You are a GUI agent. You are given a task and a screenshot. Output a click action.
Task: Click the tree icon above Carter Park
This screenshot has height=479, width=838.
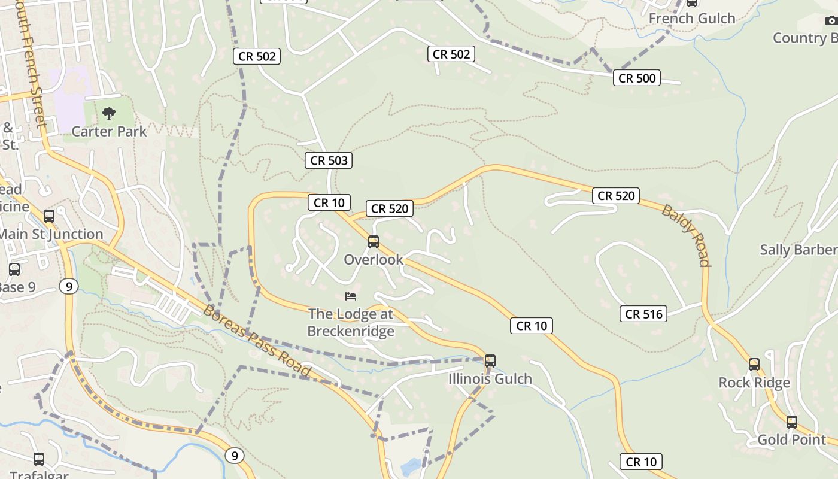tap(109, 113)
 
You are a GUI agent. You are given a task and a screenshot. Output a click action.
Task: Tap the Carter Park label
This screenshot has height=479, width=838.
tap(109, 131)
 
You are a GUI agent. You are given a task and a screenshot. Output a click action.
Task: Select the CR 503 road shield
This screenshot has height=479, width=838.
tap(329, 160)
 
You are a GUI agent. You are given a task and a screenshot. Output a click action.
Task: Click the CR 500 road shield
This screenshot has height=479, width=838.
tap(637, 78)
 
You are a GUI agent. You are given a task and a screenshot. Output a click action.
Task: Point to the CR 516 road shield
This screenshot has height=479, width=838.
tap(643, 314)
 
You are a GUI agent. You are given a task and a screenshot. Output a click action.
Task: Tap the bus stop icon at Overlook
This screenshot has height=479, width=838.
tap(374, 242)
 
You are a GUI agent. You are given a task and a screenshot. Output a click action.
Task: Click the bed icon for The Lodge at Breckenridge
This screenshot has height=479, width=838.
tap(351, 296)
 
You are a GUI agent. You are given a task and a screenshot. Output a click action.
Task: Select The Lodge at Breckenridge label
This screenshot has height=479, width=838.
tap(351, 323)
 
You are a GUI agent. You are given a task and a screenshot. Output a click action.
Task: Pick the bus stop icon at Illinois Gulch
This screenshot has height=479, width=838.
tap(490, 361)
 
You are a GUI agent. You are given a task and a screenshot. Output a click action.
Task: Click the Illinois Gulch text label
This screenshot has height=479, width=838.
tap(490, 379)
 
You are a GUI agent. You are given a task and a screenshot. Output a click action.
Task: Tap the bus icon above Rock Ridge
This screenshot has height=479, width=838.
tap(754, 364)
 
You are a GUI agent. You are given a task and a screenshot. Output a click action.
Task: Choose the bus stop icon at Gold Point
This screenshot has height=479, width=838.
tap(792, 422)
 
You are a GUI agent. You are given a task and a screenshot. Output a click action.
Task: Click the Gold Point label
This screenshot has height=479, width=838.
tap(792, 440)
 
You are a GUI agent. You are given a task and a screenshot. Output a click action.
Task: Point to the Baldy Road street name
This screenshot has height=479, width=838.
tap(687, 235)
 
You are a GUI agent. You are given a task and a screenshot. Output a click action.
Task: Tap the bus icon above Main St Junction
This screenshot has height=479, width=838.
tap(49, 216)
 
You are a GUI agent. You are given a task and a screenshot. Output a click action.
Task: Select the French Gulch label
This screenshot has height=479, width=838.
tap(692, 19)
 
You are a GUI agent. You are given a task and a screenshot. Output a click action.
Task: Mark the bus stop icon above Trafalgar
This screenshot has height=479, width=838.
tap(39, 459)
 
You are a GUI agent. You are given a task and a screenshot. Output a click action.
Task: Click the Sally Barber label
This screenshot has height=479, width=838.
tap(798, 250)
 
